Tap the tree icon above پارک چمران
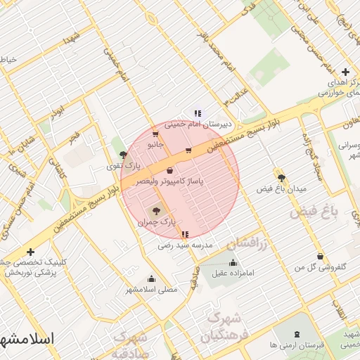click(155, 210)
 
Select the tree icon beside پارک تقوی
click(124, 155)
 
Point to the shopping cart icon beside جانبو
click(155, 134)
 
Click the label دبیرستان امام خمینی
click(191, 125)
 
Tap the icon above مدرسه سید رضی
click(185, 235)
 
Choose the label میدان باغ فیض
click(282, 190)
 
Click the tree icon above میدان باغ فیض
click(282, 179)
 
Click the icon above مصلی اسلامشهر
click(151, 278)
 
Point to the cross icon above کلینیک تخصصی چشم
click(30, 252)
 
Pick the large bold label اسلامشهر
click(28, 337)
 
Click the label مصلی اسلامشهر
click(151, 289)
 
